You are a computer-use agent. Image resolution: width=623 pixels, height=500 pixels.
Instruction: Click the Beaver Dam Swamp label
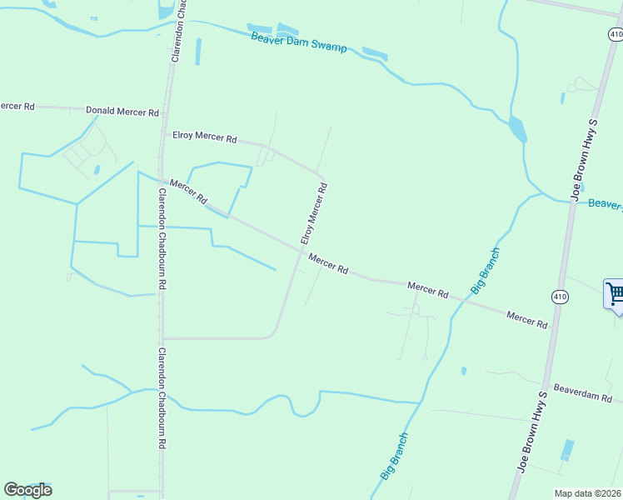click(x=299, y=42)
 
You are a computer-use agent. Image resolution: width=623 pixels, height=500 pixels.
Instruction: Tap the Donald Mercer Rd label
click(x=122, y=112)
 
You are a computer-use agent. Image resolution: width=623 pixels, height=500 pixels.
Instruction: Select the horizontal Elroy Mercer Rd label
click(x=204, y=137)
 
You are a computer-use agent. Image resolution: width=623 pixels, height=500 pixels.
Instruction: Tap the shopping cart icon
click(x=615, y=294)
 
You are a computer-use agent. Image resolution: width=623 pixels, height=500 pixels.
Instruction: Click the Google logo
click(x=27, y=490)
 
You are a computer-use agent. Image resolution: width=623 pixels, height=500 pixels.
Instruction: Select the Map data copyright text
click(x=586, y=493)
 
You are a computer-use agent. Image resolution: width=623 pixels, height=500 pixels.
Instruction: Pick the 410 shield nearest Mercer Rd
click(x=559, y=297)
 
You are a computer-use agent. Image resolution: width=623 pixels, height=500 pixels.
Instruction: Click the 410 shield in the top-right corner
click(x=615, y=34)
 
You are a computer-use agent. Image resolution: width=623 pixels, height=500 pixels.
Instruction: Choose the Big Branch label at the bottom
click(x=395, y=455)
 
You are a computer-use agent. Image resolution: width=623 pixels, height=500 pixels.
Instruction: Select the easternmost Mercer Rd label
click(x=526, y=319)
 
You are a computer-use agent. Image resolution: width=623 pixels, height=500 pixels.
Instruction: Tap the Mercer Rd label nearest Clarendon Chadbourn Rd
click(x=188, y=192)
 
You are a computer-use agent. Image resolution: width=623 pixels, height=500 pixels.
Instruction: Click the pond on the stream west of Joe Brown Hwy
click(x=518, y=129)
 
